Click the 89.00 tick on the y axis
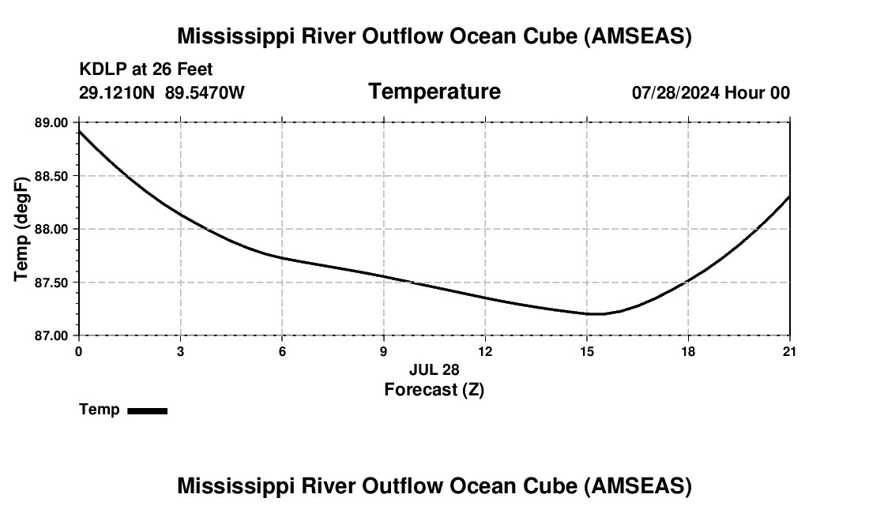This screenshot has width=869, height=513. click(x=51, y=123)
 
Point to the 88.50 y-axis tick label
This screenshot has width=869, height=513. click(x=51, y=176)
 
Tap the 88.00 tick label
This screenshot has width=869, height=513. click(x=51, y=229)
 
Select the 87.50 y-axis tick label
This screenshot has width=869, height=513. click(x=51, y=283)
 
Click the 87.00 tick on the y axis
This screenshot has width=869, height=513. click(x=51, y=335)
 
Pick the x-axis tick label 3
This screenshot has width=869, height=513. click(x=180, y=351)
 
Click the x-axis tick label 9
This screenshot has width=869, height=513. click(x=383, y=351)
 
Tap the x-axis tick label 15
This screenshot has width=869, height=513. click(x=586, y=351)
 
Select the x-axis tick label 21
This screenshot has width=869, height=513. click(x=789, y=351)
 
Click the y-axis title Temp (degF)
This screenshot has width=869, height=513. click(x=21, y=229)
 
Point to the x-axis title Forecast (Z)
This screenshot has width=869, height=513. click(x=434, y=390)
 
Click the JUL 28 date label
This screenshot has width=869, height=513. click(x=434, y=369)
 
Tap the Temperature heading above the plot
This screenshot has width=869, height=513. click(x=434, y=92)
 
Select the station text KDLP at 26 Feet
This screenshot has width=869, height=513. click(x=146, y=70)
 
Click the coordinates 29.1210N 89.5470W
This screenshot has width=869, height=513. click(x=162, y=92)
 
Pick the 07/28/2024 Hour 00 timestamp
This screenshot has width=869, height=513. click(x=710, y=92)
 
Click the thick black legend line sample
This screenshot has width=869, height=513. click(x=147, y=410)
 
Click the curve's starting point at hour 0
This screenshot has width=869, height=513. click(x=79, y=130)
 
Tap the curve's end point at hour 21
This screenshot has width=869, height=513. click(x=789, y=197)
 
